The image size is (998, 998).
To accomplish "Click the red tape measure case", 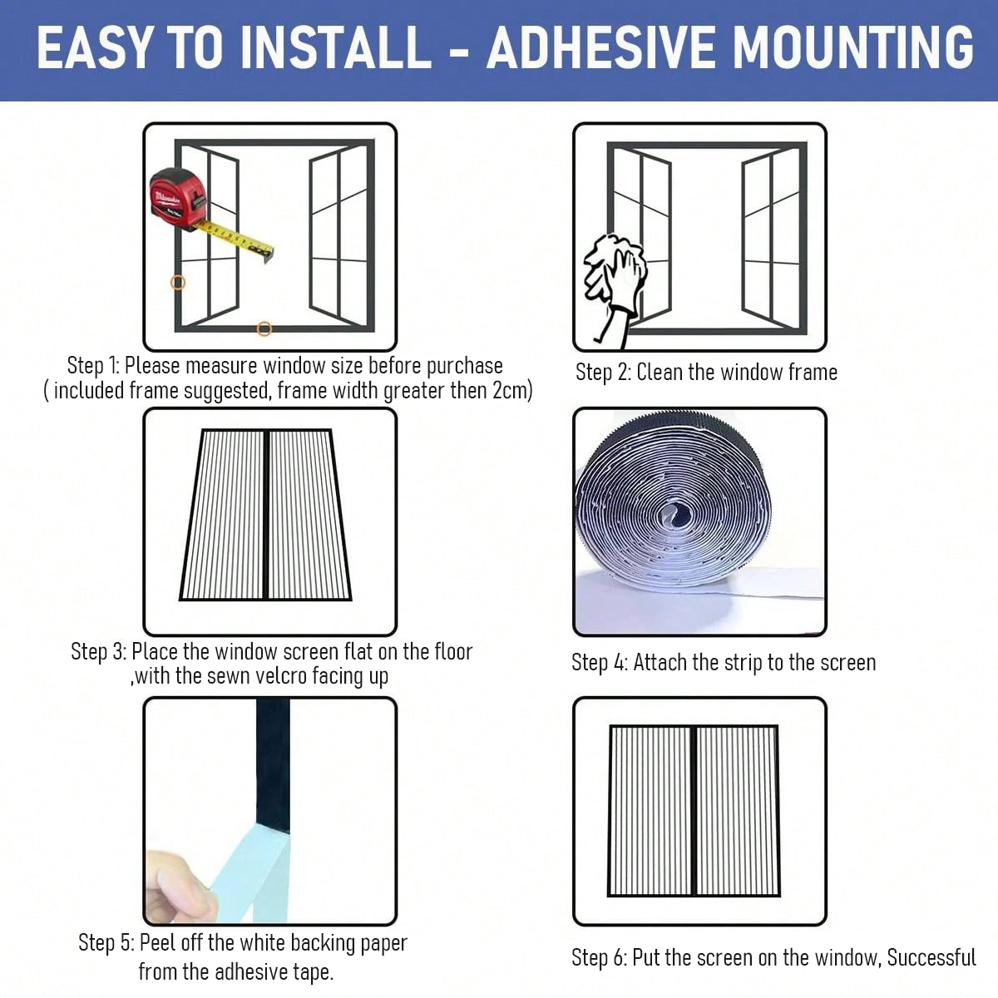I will [177, 198].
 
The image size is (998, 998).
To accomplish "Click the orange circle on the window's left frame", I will [178, 283].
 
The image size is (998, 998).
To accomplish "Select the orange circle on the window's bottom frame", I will [264, 329].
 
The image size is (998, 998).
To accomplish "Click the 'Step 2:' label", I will [603, 373].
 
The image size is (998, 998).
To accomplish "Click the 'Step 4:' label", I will [600, 663].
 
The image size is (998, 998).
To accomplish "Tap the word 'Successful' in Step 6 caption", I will [931, 958].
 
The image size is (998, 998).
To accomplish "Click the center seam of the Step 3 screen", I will [265, 514].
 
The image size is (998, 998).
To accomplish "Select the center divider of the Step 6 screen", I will [694, 811].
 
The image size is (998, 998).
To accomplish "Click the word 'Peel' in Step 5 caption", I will [158, 943].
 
